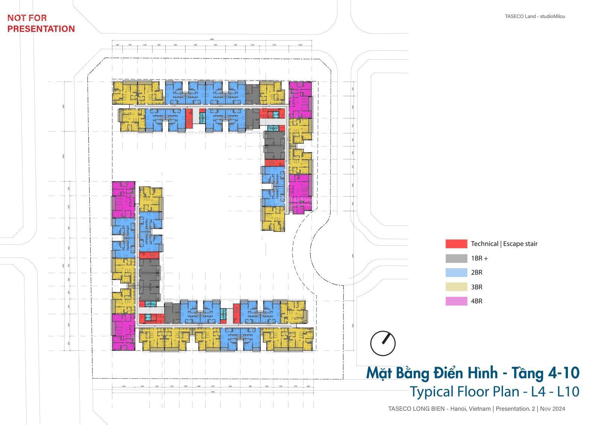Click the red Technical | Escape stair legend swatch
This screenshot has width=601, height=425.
[x=456, y=244]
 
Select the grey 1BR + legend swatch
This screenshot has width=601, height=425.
[x=456, y=259]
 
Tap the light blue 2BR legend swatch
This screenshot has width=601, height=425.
[x=456, y=273]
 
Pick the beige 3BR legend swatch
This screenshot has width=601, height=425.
[x=456, y=287]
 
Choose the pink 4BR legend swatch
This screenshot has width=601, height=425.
[x=456, y=301]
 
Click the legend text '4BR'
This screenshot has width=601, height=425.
[x=476, y=301]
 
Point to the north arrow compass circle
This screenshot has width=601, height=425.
[x=383, y=343]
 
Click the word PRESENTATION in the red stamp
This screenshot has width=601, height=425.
[x=41, y=29]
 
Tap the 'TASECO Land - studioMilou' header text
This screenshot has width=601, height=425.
[x=535, y=16]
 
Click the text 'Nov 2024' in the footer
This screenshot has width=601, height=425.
[x=553, y=409]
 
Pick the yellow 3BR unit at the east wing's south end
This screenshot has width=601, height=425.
[x=273, y=219]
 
